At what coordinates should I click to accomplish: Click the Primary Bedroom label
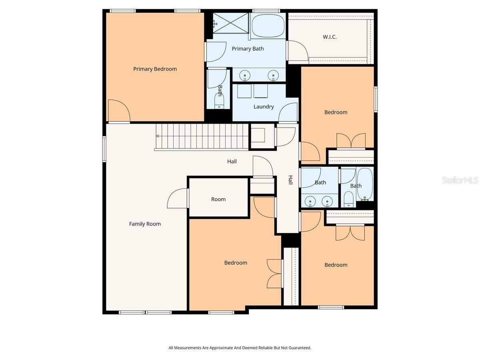155,69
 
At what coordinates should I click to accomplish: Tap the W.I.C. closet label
330,37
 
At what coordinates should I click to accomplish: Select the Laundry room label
264,107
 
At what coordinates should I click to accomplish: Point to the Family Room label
145,224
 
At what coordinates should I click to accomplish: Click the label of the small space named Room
218,199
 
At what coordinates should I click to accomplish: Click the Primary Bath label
248,49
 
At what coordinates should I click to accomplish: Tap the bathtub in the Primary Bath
268,26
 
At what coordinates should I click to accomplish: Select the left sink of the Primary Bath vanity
245,76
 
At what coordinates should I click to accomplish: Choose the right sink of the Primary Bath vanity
273,76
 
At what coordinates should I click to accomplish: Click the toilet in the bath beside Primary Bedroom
220,102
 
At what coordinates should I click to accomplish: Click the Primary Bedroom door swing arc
119,110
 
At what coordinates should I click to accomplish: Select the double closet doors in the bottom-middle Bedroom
275,274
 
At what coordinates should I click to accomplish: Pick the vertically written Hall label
291,180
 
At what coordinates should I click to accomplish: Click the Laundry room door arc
288,112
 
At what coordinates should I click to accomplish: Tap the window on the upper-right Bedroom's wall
376,99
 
